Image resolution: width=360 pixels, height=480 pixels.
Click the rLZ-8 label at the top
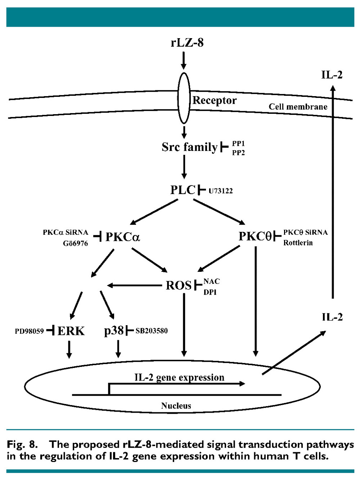pos(187,42)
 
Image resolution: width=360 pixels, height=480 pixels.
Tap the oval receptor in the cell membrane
pos(184,98)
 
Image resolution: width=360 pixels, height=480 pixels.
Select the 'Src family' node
pos(189,147)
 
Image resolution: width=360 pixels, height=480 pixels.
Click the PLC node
pos(183,190)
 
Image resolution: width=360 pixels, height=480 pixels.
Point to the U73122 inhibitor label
pos(221,191)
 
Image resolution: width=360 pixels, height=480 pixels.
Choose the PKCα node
pos(122,237)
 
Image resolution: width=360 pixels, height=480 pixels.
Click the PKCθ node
pos(255,236)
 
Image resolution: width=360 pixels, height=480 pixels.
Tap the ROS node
pos(179,286)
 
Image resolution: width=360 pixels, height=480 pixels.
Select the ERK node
pos(71,331)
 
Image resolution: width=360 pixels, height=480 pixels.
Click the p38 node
pos(114,330)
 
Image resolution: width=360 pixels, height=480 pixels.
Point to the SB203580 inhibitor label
pos(152,331)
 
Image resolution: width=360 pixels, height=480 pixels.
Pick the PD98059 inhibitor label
pos(29,331)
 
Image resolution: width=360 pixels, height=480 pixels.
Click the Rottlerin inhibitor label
pos(298,243)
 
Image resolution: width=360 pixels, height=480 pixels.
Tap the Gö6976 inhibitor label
pos(75,243)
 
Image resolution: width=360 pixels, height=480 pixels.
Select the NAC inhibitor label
pos(211,281)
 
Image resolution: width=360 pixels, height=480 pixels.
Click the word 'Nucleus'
pos(176,406)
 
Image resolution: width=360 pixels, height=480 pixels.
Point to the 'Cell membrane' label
pos(298,107)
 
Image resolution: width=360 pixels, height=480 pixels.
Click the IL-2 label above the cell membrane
pos(332,75)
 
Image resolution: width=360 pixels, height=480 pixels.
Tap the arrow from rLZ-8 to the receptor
pos(184,60)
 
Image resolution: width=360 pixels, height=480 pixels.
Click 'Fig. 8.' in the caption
pos(22,445)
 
